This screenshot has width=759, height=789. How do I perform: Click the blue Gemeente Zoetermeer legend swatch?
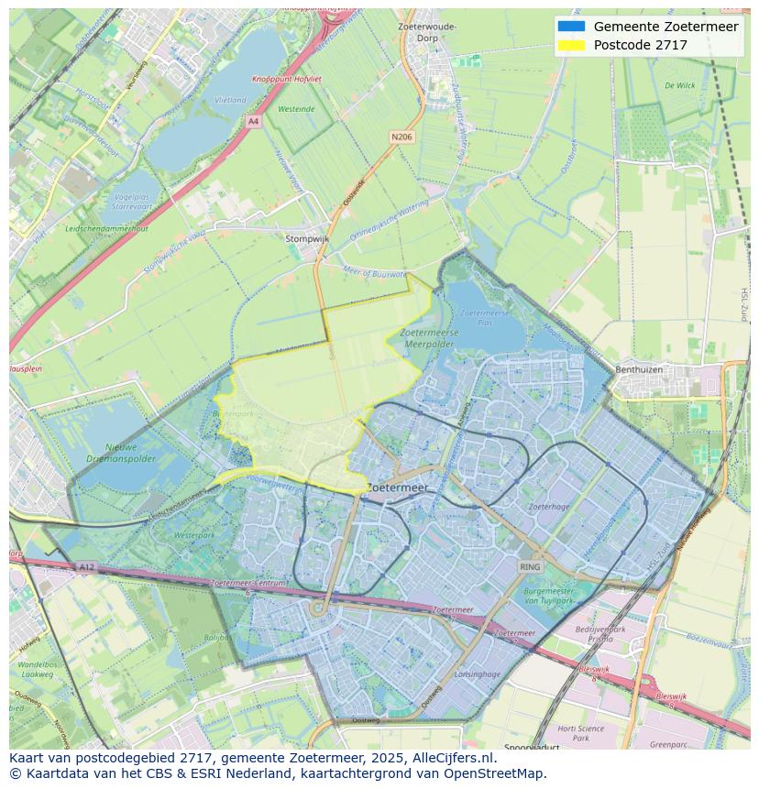[570, 27]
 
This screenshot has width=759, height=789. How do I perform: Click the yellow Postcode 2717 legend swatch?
[570, 45]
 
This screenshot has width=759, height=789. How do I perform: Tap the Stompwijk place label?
[307, 238]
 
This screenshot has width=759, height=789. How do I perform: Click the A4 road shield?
[253, 121]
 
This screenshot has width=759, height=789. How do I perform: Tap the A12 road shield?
[86, 567]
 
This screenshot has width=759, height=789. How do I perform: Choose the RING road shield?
[530, 567]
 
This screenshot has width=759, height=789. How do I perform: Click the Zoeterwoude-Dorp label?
[427, 32]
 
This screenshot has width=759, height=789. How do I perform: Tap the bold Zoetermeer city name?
[397, 489]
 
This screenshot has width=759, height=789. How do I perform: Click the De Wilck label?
[679, 85]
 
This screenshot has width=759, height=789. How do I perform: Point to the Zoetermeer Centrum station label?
[248, 583]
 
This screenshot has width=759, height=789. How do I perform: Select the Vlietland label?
[229, 100]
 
